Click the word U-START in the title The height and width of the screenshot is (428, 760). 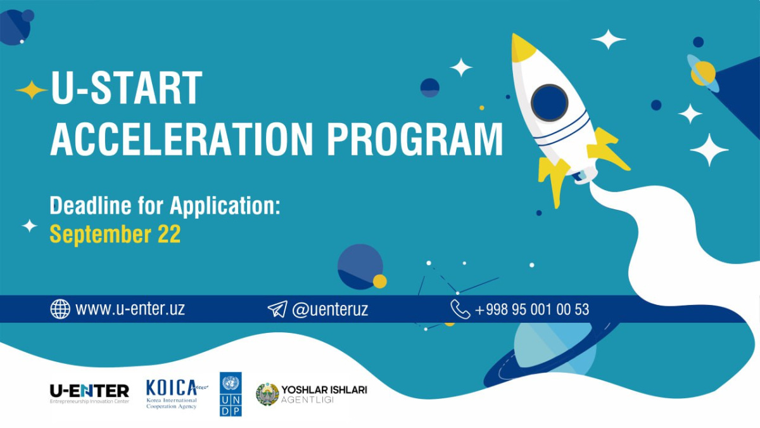[127, 88]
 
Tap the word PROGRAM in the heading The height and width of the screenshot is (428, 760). [415, 139]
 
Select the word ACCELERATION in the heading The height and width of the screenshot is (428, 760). [182, 139]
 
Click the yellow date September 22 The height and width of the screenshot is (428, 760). [115, 234]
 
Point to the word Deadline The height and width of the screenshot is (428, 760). [90, 205]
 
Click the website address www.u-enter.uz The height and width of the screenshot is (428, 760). [130, 309]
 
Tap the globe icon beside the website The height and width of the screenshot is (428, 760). [60, 309]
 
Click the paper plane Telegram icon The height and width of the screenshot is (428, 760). [277, 309]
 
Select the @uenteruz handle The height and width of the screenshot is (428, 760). [330, 309]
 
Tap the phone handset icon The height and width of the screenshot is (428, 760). [460, 309]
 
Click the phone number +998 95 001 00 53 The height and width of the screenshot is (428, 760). [532, 309]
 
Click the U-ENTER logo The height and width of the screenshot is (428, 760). [89, 394]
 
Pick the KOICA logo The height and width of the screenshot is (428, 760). [177, 394]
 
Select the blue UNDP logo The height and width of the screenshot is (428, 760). [231, 394]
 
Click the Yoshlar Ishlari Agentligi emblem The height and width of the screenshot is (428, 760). [267, 394]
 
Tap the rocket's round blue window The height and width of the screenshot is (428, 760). [549, 103]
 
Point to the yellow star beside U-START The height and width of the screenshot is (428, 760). [32, 90]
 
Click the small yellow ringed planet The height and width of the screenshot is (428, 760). [703, 74]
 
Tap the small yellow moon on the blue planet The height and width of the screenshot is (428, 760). [379, 282]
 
